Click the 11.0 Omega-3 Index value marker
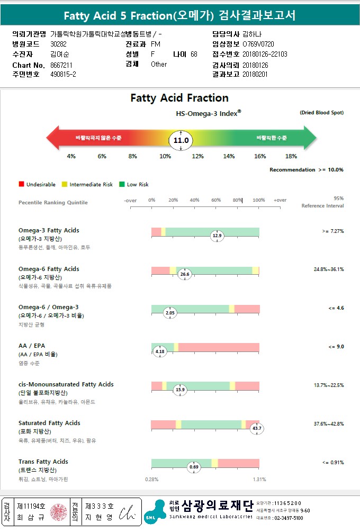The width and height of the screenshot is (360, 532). coord(181,140)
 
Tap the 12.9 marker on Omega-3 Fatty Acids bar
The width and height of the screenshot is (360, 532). coord(217,236)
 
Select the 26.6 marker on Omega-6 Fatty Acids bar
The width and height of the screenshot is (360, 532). coord(184,274)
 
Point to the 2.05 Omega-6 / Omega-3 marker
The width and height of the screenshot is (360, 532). coord(170,313)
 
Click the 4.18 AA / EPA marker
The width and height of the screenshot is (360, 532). coord(160,351)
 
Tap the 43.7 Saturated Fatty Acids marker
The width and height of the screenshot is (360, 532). coord(257,428)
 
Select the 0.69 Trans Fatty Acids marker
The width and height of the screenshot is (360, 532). coord(194,467)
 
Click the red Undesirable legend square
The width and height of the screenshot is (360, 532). coord(21,184)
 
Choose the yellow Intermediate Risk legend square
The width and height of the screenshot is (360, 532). coord(64,184)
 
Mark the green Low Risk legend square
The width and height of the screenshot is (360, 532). coord(121,184)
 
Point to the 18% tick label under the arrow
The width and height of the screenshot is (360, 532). coord(291,156)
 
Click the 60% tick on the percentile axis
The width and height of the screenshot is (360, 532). coord(216,200)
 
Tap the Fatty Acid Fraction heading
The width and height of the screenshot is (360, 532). coord(179,98)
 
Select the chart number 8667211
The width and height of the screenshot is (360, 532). coord(61,65)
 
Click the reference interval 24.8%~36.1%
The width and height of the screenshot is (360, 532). coord(329,269)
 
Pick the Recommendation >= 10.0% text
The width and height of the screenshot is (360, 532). coord(307,170)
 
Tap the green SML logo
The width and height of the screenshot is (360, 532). coord(155,512)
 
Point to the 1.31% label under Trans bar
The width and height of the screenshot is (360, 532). coord(259,480)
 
